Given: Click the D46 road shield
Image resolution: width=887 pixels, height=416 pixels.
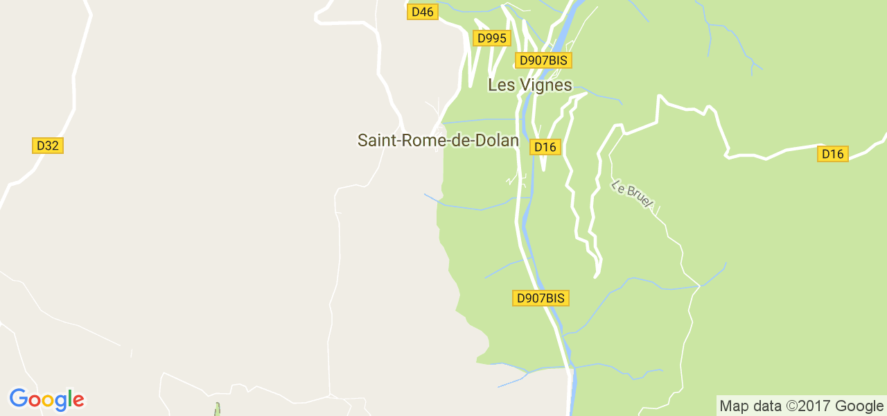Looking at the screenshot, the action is point(422,12).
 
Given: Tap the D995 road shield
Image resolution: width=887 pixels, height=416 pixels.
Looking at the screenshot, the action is point(492,38).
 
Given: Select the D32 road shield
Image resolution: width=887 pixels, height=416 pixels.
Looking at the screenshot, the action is point(48,146).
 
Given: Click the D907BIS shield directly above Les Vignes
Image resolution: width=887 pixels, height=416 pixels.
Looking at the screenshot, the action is point(543,60).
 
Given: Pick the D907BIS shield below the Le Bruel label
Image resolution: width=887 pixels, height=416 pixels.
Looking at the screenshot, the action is point(541,298).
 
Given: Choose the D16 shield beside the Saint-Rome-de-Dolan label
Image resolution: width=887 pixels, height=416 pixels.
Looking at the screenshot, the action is point(545,146).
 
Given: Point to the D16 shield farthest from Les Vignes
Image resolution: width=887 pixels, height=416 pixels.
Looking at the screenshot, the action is point(832,154).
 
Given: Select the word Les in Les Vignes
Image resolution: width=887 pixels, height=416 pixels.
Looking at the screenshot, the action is point(499,85).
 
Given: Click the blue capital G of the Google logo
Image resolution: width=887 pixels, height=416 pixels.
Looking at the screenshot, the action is point(18,399).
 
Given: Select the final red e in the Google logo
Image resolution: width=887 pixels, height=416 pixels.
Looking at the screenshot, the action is point(78,401).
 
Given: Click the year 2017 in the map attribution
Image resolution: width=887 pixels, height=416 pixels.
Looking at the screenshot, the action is point(816,406).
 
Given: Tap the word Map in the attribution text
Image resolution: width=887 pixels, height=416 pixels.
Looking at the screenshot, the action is point(734,406).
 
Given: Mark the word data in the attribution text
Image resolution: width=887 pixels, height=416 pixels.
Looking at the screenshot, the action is point(767,406).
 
